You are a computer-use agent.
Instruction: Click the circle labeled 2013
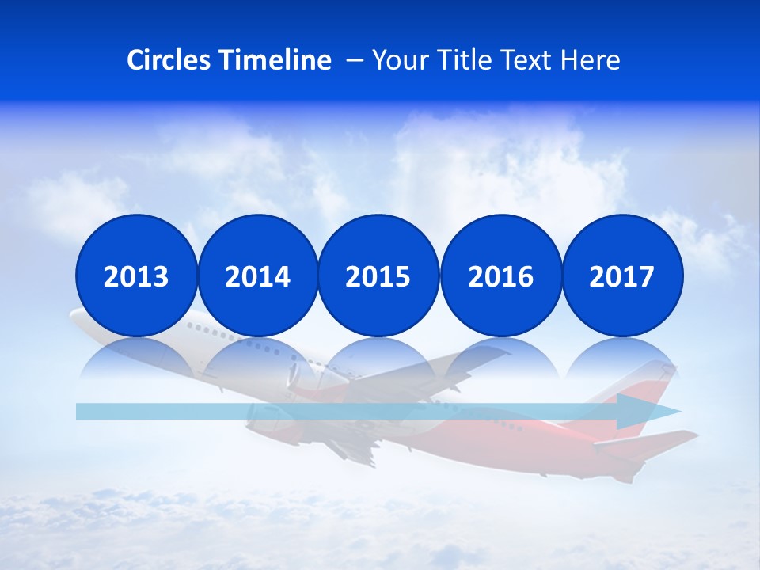[x=136, y=275]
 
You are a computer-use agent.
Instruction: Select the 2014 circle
[x=258, y=275]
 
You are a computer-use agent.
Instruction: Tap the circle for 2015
[x=378, y=275]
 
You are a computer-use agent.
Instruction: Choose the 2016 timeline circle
[x=501, y=275]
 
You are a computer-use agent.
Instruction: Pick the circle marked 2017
[x=622, y=275]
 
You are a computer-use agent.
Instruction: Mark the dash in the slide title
[x=355, y=60]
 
